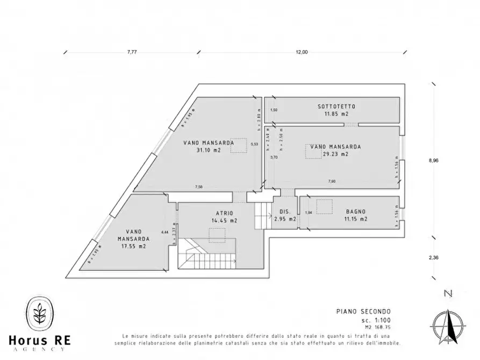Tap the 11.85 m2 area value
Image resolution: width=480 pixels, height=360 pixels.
(336, 114)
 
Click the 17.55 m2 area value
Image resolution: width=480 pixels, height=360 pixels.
(134, 246)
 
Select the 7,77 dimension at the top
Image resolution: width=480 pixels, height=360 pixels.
(132, 52)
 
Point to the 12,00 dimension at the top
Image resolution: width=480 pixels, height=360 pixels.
(301, 52)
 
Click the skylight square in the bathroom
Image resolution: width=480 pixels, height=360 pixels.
(324, 207)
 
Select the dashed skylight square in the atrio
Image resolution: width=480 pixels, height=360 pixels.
(217, 235)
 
